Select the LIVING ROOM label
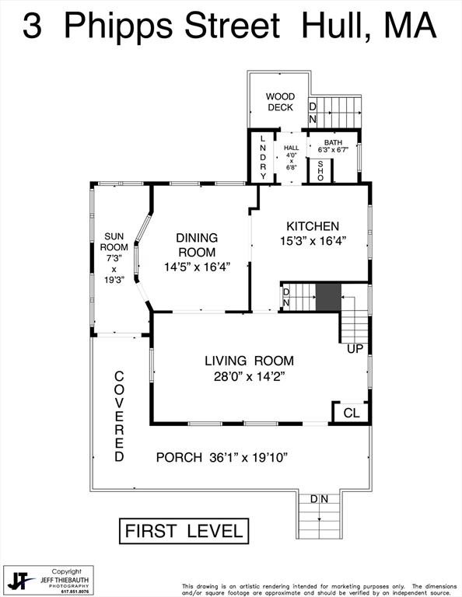point(249,360)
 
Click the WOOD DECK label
point(280,102)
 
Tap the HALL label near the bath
point(291,148)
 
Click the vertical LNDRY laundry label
point(263,158)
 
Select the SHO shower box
point(320,169)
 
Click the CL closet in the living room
point(352,413)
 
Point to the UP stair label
point(355,348)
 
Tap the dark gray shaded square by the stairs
point(327,297)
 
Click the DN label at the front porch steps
point(319,499)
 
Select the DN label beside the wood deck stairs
point(313,112)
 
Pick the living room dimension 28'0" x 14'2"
point(249,377)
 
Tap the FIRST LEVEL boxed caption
point(184,532)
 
